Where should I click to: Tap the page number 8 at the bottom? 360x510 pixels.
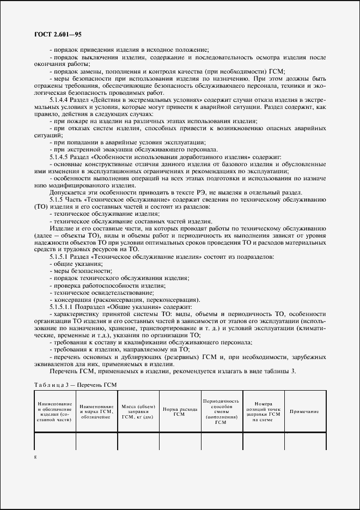point(35,457)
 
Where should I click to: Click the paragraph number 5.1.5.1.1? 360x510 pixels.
point(62,307)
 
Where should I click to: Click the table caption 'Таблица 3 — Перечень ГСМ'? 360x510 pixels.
point(75,384)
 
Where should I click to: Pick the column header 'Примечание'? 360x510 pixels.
point(304,411)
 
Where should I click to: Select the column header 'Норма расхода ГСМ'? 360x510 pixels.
point(179,411)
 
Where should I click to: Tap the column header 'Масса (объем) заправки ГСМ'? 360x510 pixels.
point(138,411)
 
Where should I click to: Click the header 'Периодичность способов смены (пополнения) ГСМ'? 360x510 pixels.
point(221,411)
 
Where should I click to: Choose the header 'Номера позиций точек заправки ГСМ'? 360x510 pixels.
point(262,411)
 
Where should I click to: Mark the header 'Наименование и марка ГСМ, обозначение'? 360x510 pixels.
point(96,411)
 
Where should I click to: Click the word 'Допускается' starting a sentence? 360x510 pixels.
point(65,192)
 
